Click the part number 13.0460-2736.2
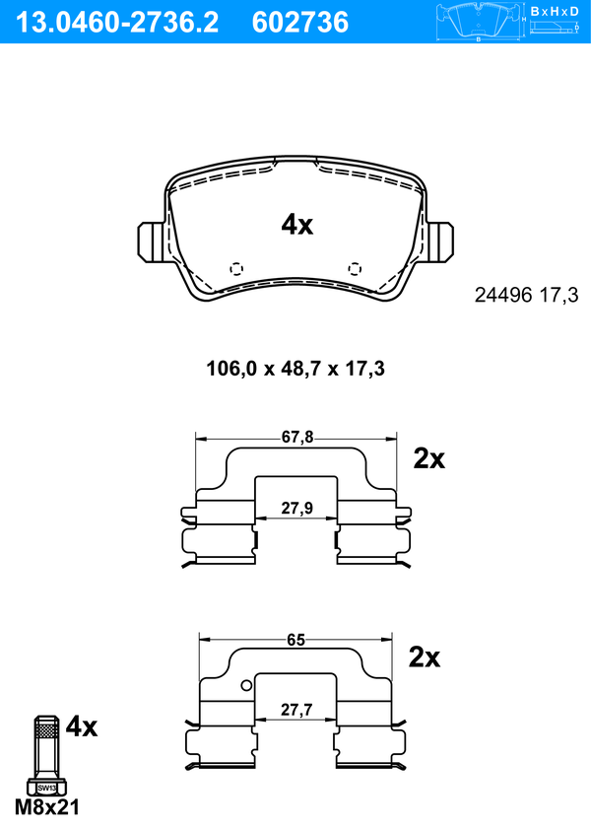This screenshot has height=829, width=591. pos(117,23)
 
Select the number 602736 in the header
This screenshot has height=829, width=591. pos(300,23)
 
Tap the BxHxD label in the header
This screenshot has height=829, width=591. pos(555,11)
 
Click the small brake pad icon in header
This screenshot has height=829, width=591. pos(479,22)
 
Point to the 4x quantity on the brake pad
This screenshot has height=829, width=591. pos(296,225)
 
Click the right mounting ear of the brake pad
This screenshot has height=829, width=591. pos(440,242)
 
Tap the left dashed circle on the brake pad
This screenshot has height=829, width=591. pos(236,269)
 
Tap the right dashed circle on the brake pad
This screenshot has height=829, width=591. pos(355,269)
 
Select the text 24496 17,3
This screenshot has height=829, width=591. pos(527,295)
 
